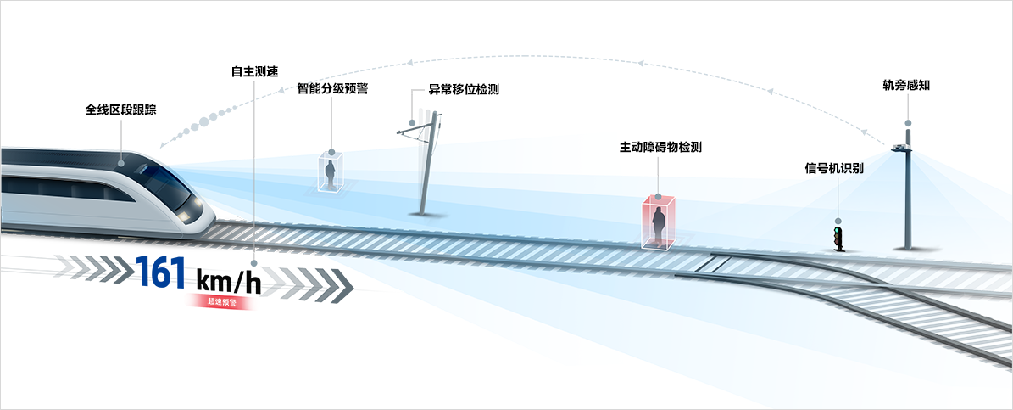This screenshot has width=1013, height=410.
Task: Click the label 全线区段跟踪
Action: [121, 110]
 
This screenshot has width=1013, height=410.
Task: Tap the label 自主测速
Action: [255, 71]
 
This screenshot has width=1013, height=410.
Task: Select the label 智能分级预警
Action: [332, 88]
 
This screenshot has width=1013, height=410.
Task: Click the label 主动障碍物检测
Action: [660, 147]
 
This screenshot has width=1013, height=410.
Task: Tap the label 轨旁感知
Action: [907, 86]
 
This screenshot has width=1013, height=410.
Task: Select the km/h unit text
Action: [228, 279]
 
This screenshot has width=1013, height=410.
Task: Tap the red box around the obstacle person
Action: [659, 223]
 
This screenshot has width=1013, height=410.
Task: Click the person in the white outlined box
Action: [331, 173]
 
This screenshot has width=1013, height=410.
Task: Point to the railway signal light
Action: [839, 238]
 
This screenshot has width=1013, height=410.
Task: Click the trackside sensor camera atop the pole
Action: [904, 149]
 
